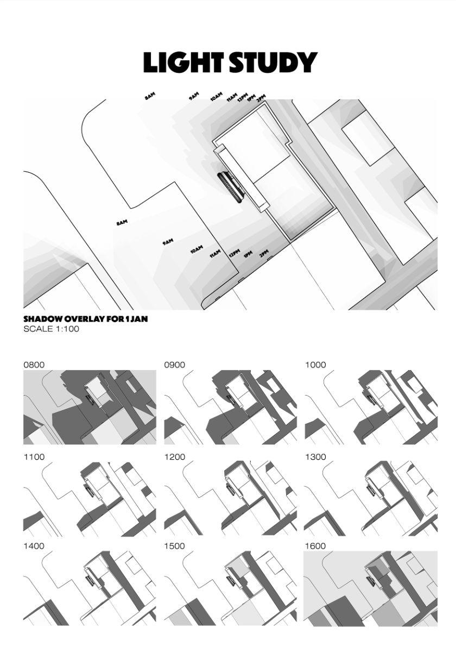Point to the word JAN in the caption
tap(138, 319)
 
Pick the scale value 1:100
tap(67, 329)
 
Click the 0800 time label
tap(34, 365)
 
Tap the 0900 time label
tap(175, 365)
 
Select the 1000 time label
tap(315, 365)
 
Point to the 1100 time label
tap(34, 457)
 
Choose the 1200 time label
tap(175, 457)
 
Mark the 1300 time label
tap(315, 457)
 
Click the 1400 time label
tap(34, 546)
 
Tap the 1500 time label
tap(175, 546)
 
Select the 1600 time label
tap(315, 546)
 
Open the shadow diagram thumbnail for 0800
tap(90, 407)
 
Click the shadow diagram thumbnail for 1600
tap(370, 588)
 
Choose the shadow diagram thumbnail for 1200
tap(230, 499)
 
